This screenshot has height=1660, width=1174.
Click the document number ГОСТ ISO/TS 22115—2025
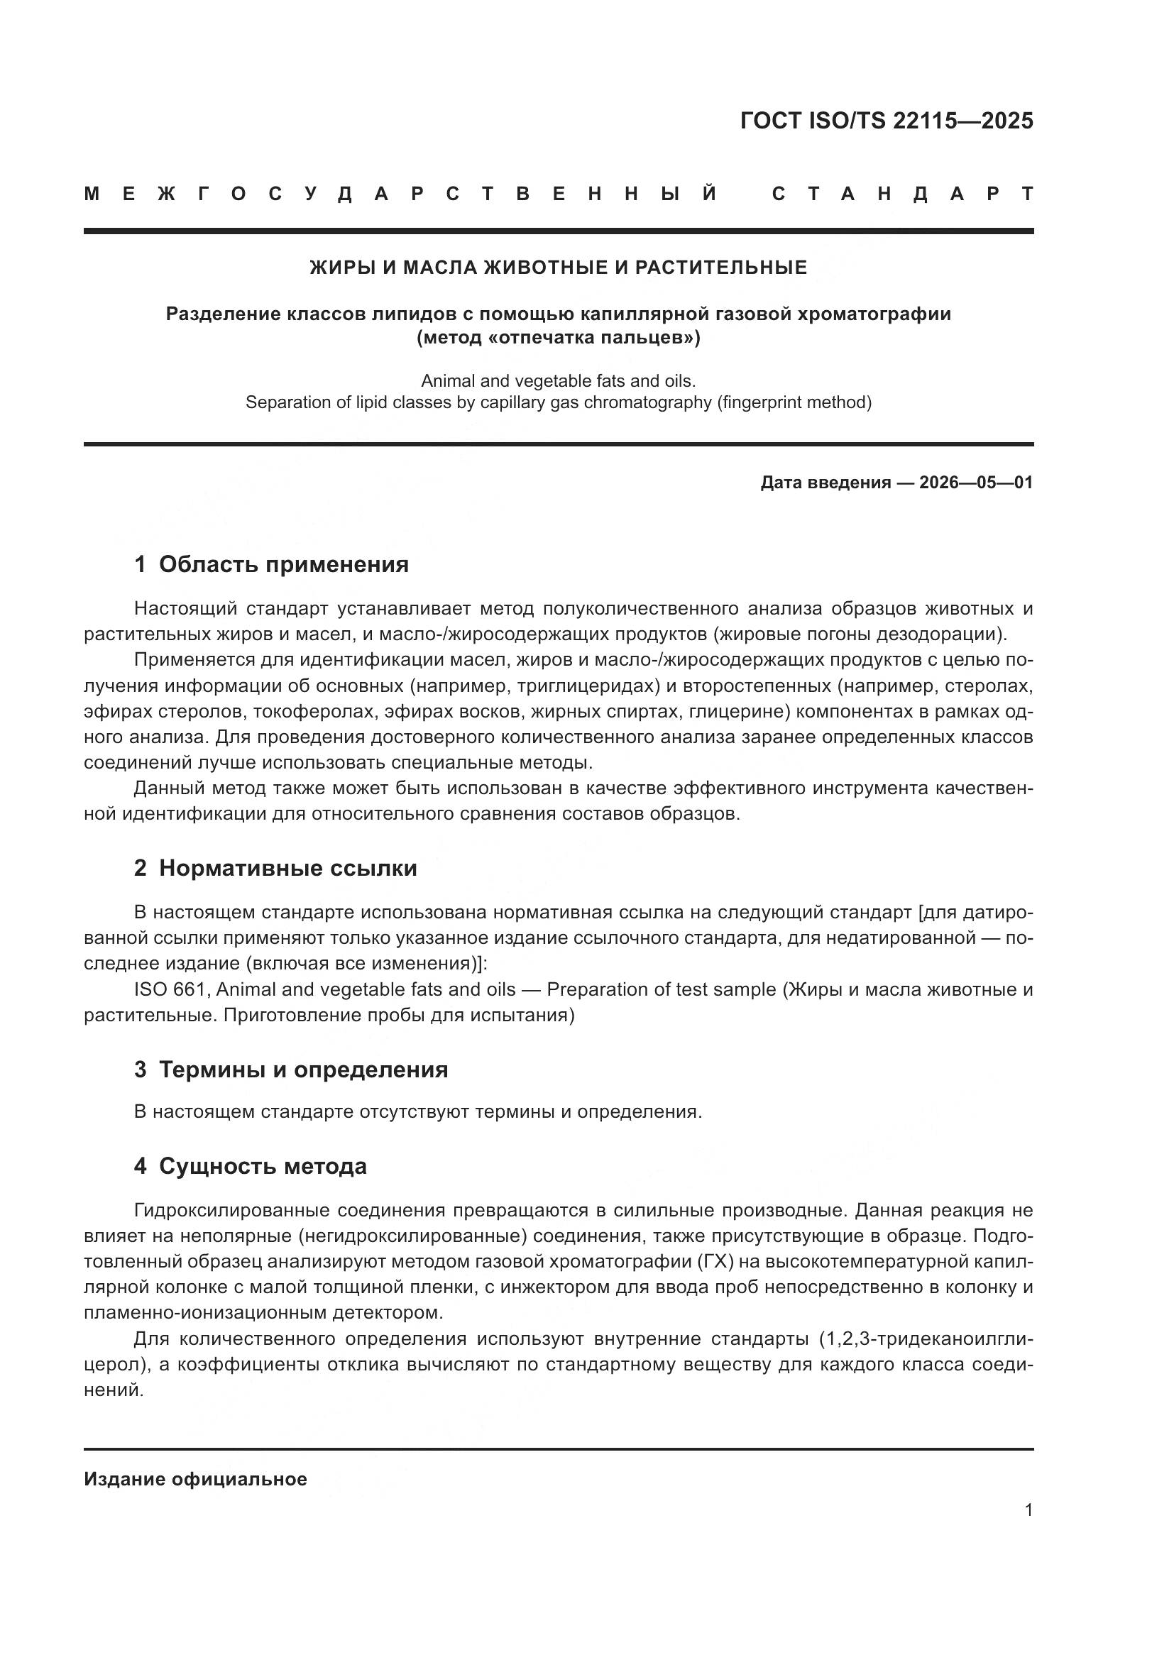tap(887, 121)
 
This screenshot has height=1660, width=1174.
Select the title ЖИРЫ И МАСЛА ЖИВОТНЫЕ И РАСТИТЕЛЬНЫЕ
tap(558, 268)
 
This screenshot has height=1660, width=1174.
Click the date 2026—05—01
tap(976, 482)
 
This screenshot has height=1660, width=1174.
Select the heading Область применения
tap(283, 565)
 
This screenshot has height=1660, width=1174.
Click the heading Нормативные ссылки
tap(287, 867)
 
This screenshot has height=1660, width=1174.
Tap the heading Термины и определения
tap(303, 1070)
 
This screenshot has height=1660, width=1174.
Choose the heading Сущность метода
tap(263, 1166)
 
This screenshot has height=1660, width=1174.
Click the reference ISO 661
tap(172, 989)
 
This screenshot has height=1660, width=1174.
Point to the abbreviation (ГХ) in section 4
tap(715, 1262)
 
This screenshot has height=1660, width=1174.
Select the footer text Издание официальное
tap(195, 1479)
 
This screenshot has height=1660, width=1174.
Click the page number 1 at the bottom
tap(1028, 1510)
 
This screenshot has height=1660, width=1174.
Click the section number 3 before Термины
tap(141, 1070)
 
